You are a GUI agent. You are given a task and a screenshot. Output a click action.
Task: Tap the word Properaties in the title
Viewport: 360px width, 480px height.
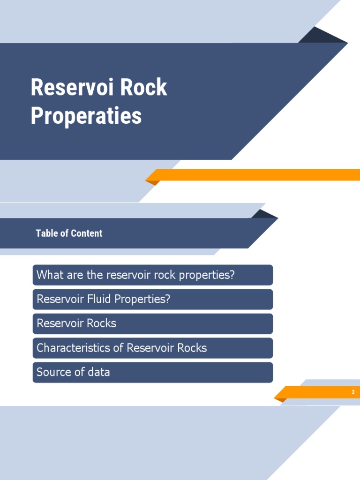(x=86, y=116)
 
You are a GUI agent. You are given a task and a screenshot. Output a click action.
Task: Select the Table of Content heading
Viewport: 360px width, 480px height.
(x=69, y=233)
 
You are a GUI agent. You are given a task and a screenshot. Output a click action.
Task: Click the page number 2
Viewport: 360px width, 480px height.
(x=353, y=392)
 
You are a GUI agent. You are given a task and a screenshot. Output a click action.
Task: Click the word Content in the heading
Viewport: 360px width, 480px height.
(x=86, y=233)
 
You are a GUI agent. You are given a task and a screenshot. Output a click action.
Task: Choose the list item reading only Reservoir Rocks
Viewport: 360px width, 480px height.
(x=76, y=323)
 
